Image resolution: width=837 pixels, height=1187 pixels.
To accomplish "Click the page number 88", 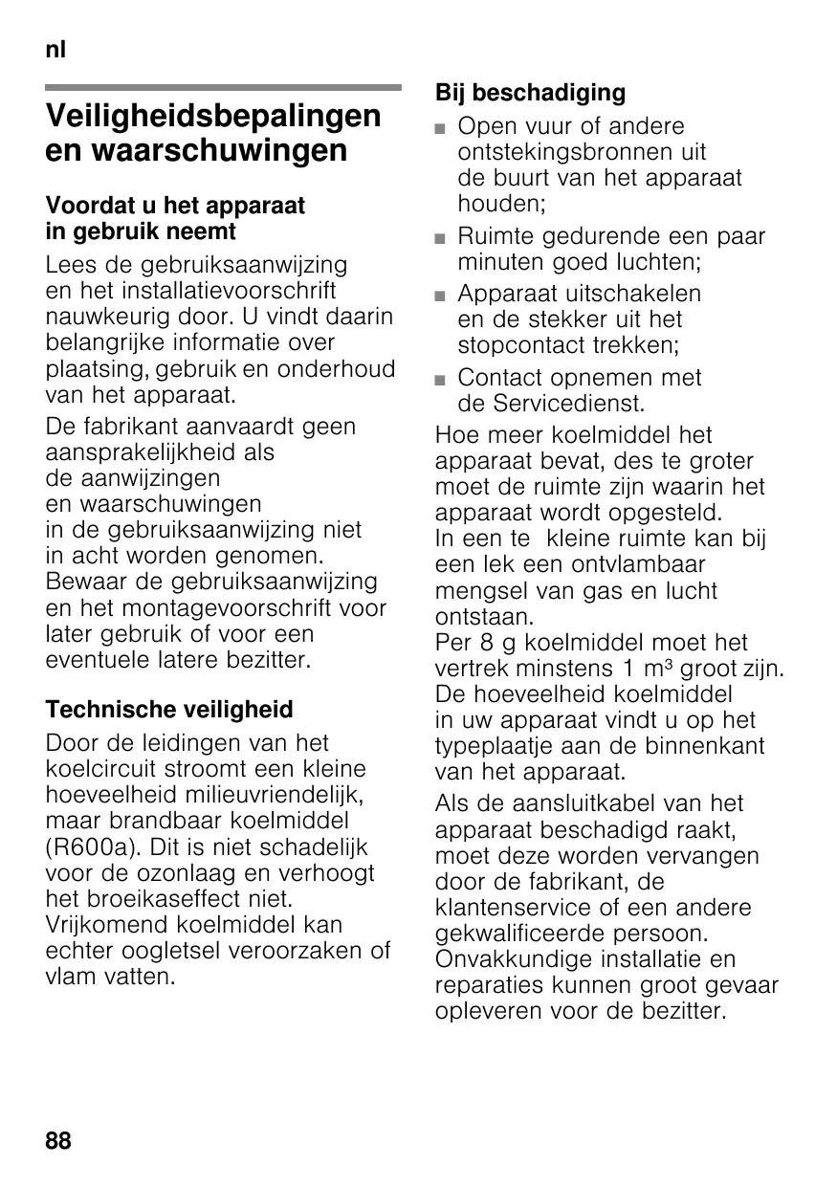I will [58, 1140].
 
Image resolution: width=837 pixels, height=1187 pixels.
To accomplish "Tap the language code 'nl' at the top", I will [55, 50].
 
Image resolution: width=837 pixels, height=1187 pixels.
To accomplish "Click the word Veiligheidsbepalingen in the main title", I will [213, 117].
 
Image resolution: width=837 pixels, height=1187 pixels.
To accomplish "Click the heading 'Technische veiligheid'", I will [169, 710].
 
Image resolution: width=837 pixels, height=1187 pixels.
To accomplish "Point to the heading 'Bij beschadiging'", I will [530, 93].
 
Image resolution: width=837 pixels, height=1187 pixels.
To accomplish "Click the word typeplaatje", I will [496, 746].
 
